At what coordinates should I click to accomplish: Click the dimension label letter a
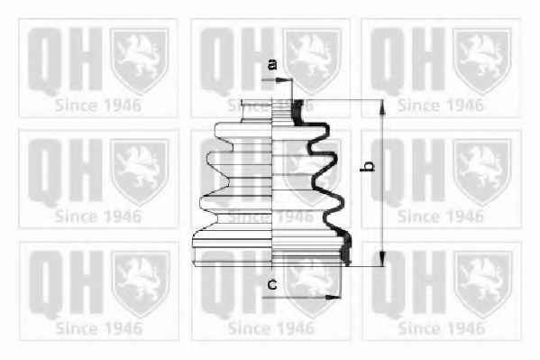click(x=272, y=64)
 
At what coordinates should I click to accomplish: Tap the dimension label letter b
click(x=367, y=166)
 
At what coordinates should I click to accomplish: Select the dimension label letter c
click(x=272, y=284)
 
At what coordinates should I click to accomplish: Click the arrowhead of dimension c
click(x=333, y=297)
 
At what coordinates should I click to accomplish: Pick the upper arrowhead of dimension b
click(x=382, y=106)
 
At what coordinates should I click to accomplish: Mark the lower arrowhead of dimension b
click(x=382, y=259)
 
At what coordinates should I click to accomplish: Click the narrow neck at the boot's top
click(x=257, y=110)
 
